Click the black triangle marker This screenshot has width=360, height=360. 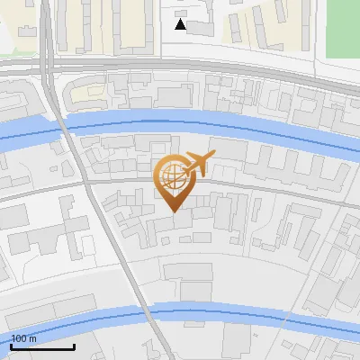[x=181, y=24]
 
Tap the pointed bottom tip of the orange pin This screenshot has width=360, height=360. [x=174, y=211]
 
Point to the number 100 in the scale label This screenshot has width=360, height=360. [x=19, y=338]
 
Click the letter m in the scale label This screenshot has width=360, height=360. [x=33, y=338]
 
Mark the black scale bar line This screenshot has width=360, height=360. [x=41, y=346]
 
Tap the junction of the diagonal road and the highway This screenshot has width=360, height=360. [x=52, y=67]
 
